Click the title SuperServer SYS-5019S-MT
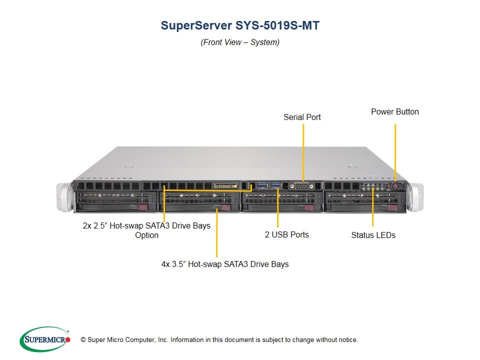coord(240,25)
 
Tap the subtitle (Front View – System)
coord(240,42)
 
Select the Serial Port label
coord(302,117)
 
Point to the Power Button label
coord(395,111)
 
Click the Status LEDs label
coord(373,235)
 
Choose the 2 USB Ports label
coord(287,234)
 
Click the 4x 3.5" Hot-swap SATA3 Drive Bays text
coord(225,264)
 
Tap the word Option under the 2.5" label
coord(146,235)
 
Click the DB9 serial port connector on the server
coord(302,186)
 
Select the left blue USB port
coord(262,185)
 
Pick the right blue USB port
coord(276,185)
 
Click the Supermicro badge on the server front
coord(225,186)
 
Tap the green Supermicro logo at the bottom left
coord(45,339)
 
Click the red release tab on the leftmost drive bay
coord(143,207)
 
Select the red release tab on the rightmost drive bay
coord(392,208)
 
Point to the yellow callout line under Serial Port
coord(303,152)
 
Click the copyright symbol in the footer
coord(83,340)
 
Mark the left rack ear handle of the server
coord(65,197)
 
